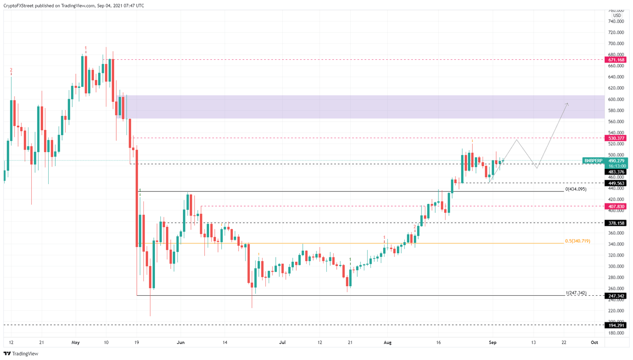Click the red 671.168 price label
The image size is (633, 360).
616,60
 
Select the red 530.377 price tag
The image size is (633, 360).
616,138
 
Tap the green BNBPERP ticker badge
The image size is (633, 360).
593,161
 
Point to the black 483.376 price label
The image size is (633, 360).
616,172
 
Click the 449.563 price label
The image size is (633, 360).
616,183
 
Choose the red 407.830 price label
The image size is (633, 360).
616,206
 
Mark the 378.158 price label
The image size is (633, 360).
616,223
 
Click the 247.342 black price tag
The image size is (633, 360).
616,296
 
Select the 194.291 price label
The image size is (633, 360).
616,325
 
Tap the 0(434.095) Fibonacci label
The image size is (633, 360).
576,189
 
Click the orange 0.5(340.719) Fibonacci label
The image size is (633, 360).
577,241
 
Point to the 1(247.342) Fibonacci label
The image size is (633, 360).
576,293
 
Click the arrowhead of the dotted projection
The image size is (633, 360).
567,104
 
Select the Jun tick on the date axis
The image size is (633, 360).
180,342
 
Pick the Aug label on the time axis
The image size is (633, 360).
387,342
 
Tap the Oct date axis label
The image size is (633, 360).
594,342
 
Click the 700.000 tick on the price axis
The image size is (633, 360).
616,44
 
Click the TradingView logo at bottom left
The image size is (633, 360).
21,353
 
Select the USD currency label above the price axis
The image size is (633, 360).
617,16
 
